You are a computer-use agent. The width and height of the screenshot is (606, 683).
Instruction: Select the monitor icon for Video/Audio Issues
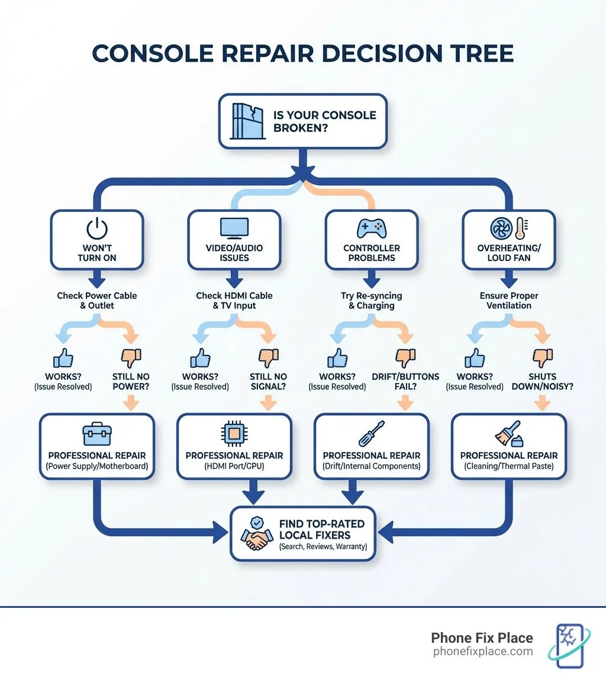[x=234, y=228]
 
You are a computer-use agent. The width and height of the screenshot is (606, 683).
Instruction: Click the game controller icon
[x=371, y=228]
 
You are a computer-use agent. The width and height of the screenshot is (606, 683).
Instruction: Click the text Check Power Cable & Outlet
[x=96, y=301]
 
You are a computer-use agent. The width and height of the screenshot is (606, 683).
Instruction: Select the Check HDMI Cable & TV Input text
[x=234, y=301]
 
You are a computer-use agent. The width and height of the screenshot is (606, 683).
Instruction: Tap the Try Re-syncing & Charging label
[x=372, y=301]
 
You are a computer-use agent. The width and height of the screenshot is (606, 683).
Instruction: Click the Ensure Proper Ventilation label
[x=509, y=301]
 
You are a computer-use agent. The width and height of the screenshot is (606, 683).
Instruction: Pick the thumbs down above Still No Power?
[x=131, y=357]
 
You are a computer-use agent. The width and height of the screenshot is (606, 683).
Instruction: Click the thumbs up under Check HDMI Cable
[x=200, y=357]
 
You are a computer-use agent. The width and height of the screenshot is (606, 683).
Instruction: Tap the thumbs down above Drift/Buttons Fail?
[x=405, y=357]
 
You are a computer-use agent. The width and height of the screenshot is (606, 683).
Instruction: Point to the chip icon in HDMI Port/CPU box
[x=234, y=434]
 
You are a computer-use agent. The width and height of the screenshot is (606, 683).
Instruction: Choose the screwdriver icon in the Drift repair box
[x=372, y=434]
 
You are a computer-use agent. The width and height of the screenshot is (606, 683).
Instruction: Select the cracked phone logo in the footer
[x=570, y=645]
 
